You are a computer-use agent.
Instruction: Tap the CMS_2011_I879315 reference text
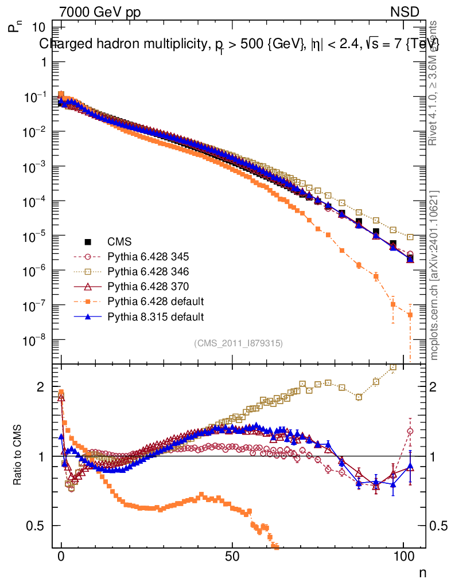[238, 343]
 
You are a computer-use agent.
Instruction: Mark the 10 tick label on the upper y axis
[39, 27]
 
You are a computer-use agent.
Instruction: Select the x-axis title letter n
[422, 572]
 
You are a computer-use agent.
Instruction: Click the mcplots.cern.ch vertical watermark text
[435, 275]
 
